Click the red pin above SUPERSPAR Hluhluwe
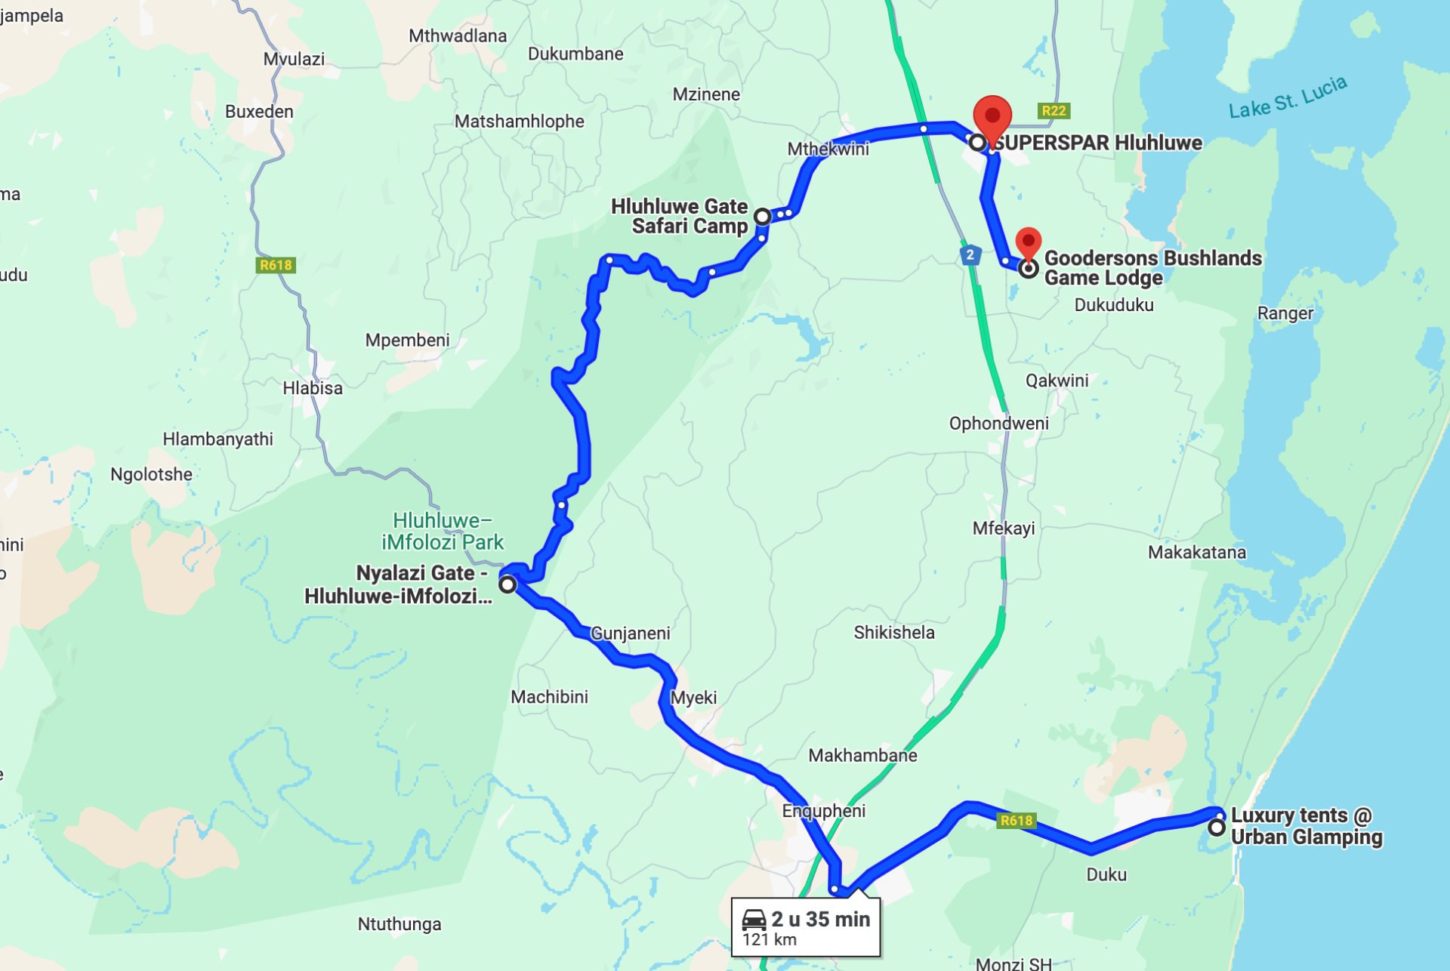(992, 118)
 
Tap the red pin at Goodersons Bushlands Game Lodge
(1028, 242)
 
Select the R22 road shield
(1054, 111)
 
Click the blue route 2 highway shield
(970, 254)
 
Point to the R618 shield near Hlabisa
(276, 265)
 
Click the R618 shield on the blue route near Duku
(1016, 821)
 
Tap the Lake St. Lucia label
(1288, 98)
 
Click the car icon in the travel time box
(754, 920)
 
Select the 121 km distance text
(769, 940)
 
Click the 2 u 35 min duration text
(820, 919)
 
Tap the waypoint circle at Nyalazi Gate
(507, 584)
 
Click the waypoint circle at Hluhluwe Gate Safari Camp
(763, 217)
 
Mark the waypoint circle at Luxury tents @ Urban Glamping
(1216, 828)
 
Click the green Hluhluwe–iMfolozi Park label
(443, 532)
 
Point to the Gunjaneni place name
(630, 633)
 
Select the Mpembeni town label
(407, 341)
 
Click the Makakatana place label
(1196, 552)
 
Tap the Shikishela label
(893, 632)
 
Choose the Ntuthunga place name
(399, 924)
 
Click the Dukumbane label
(575, 54)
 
